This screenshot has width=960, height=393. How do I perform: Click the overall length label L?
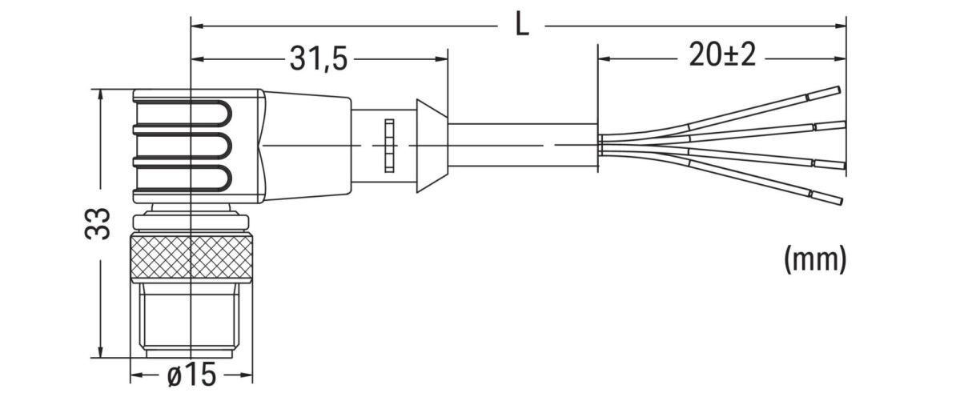pos(521,26)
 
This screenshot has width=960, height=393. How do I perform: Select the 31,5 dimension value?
pos(318,60)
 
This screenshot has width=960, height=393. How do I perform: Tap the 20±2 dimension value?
pos(721,58)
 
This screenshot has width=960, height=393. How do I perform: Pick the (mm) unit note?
pos(814,259)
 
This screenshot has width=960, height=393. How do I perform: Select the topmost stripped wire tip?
pos(824,92)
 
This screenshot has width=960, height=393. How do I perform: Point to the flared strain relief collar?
pos(431,146)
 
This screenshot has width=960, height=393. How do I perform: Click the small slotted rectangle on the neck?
pos(389,146)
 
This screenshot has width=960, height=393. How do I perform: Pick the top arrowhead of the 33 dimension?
pos(100,94)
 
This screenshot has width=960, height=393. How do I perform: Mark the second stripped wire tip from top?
pos(829,125)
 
